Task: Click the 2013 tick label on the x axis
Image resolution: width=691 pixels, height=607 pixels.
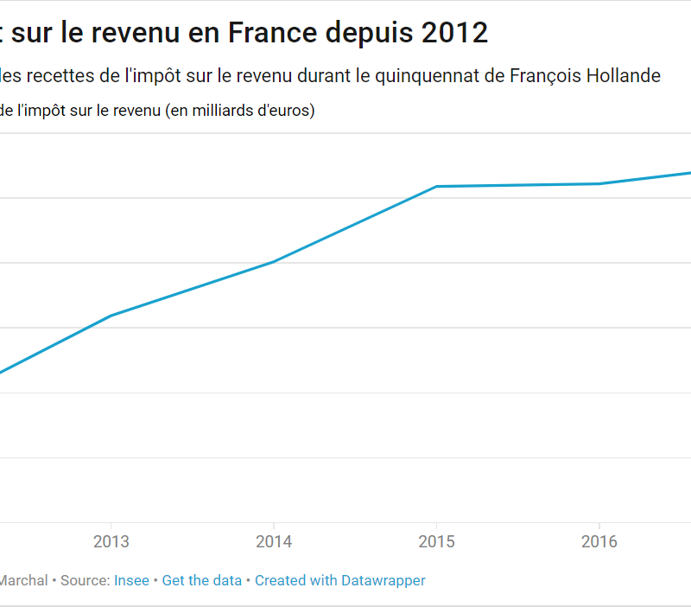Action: [x=111, y=542]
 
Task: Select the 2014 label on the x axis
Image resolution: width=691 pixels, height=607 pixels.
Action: [x=274, y=542]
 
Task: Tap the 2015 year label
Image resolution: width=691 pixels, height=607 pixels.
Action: [x=436, y=542]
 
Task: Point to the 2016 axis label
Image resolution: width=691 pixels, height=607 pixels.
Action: [x=599, y=542]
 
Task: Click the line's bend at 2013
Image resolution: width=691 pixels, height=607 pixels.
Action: [x=111, y=316]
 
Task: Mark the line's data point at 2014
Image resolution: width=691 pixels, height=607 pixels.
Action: [x=274, y=261]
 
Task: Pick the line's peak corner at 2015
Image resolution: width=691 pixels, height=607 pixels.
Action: [x=436, y=186]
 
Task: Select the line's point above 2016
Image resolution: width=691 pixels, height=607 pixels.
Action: [x=599, y=183]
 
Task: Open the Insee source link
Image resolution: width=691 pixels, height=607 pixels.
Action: [x=131, y=580]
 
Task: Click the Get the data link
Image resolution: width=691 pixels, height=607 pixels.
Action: [x=202, y=580]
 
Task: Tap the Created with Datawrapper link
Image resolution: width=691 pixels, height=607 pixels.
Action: [x=340, y=580]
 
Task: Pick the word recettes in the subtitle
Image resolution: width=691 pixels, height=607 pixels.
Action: [x=61, y=76]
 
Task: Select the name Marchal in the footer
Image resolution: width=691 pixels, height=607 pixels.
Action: [x=23, y=580]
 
